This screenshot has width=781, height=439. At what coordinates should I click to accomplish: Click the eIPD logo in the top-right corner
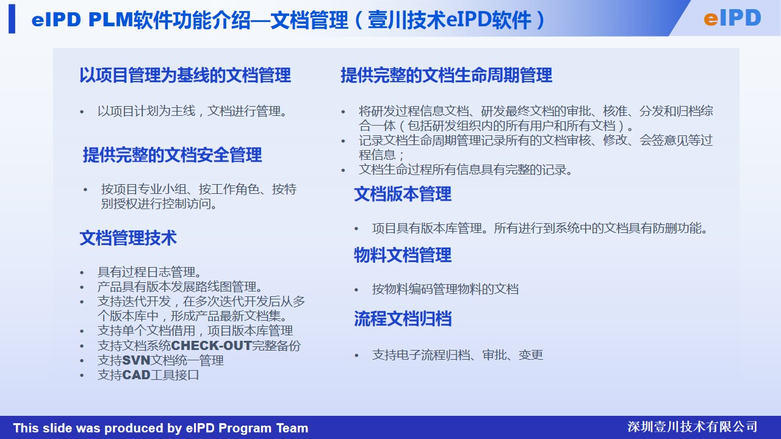(x=732, y=18)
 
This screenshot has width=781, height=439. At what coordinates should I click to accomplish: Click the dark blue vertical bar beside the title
(x=12, y=19)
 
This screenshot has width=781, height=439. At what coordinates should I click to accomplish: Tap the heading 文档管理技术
(x=128, y=238)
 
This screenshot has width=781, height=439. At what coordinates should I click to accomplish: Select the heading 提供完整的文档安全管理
(x=172, y=155)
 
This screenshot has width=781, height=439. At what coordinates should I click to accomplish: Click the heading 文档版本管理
(x=403, y=194)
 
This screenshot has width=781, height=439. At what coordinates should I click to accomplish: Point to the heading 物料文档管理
(x=403, y=255)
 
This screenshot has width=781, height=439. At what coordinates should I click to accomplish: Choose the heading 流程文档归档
(x=403, y=318)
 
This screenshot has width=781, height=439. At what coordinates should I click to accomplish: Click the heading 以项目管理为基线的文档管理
(x=185, y=75)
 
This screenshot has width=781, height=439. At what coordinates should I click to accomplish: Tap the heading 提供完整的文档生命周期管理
(x=446, y=75)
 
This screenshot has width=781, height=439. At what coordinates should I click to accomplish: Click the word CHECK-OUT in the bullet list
(x=211, y=346)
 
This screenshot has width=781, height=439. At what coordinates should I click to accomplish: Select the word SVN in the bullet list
(x=136, y=360)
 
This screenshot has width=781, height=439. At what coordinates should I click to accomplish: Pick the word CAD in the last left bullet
(x=136, y=375)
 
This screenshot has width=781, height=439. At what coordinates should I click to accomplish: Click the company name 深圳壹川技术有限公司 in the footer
(x=693, y=427)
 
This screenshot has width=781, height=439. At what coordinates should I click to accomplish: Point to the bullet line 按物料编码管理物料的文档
(x=445, y=289)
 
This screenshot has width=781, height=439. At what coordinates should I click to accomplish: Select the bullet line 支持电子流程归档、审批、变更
(x=458, y=355)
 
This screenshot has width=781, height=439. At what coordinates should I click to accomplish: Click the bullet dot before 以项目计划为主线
(x=82, y=112)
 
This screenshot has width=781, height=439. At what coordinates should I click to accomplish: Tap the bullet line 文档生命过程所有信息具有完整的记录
(x=466, y=170)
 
